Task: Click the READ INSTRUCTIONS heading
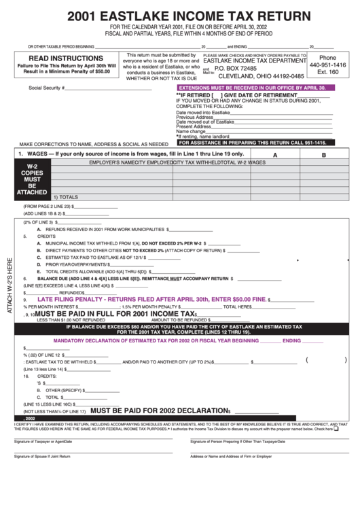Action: (x=56, y=58)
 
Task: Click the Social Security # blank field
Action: (x=109, y=88)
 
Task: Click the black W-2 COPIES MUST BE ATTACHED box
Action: (x=32, y=179)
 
